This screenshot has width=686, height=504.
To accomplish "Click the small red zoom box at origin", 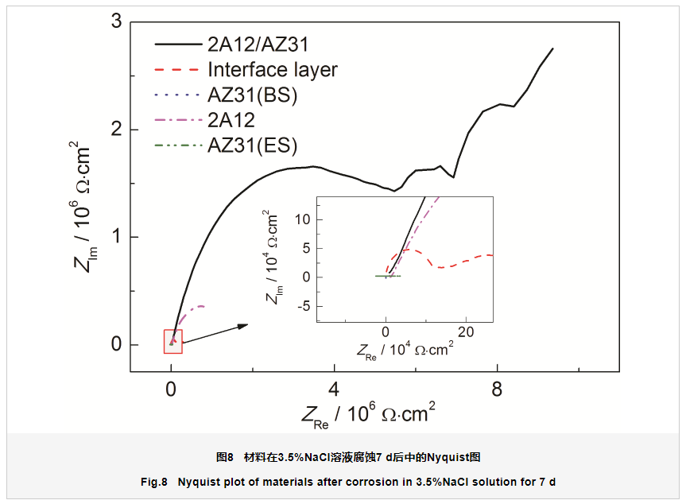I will coord(172,341).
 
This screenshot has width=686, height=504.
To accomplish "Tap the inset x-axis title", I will coord(405,349).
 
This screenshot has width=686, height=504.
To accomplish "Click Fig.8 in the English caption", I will coord(154,482).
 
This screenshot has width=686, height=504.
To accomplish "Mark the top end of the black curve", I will coord(552,48).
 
